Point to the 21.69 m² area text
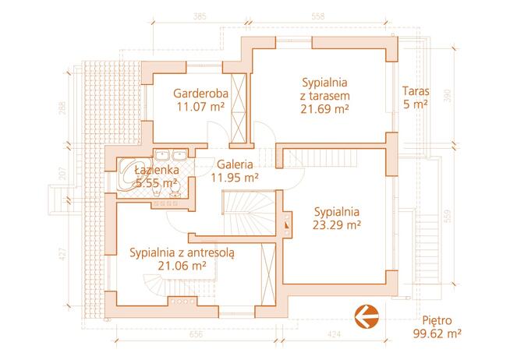[324, 110]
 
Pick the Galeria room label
[235, 164]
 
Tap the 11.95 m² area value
[235, 178]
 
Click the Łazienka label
[158, 170]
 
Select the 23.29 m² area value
[336, 225]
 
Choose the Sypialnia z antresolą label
[182, 252]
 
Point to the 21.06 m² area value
[182, 266]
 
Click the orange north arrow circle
[366, 316]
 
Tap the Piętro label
[437, 320]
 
